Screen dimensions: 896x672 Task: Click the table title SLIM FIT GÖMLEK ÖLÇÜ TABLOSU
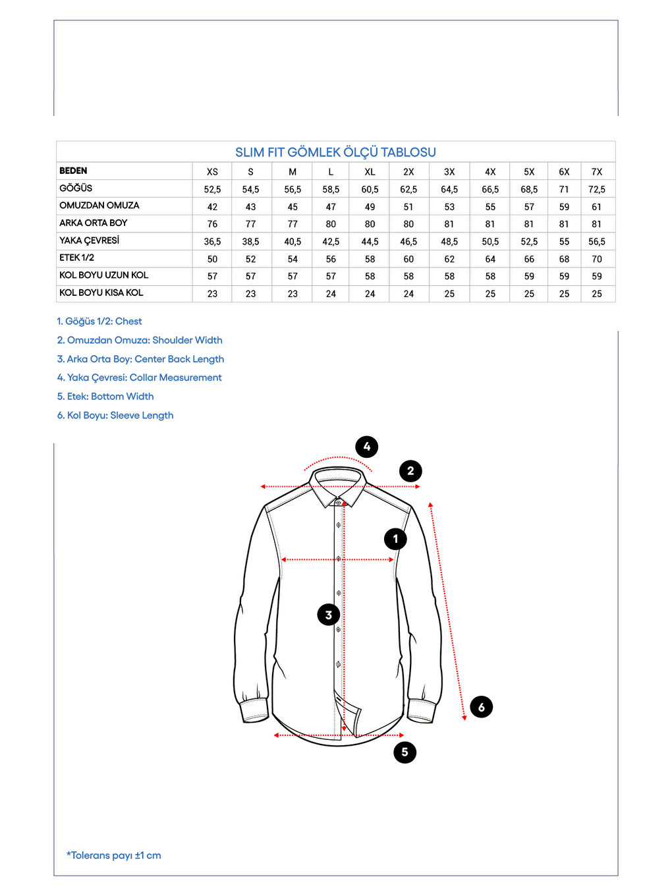click(x=335, y=152)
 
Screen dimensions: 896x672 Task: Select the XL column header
click(x=370, y=172)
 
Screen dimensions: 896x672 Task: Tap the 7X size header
click(x=596, y=172)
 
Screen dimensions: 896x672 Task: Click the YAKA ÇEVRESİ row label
click(x=89, y=240)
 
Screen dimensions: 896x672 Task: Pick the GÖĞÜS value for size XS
click(x=212, y=190)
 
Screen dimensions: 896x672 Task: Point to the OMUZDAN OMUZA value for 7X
click(x=596, y=207)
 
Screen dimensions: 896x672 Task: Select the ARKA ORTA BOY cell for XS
click(x=212, y=224)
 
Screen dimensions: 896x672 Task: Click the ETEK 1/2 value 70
click(x=596, y=260)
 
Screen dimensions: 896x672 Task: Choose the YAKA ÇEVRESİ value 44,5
click(x=370, y=242)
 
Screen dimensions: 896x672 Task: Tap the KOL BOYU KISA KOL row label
click(x=101, y=293)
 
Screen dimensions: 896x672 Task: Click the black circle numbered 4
click(x=367, y=447)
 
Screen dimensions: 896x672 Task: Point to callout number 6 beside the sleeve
click(x=482, y=707)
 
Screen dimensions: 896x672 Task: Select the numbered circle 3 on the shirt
click(x=329, y=615)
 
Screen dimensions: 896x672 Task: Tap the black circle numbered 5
click(x=405, y=752)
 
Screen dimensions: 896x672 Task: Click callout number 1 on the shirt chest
click(x=395, y=539)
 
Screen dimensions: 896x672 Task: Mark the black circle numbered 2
click(x=410, y=471)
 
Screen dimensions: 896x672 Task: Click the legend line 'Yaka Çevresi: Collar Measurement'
click(x=139, y=378)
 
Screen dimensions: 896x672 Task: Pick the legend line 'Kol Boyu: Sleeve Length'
click(x=115, y=415)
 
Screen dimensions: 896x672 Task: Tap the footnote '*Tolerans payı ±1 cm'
click(x=113, y=855)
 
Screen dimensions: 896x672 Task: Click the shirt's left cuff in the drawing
click(x=254, y=710)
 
